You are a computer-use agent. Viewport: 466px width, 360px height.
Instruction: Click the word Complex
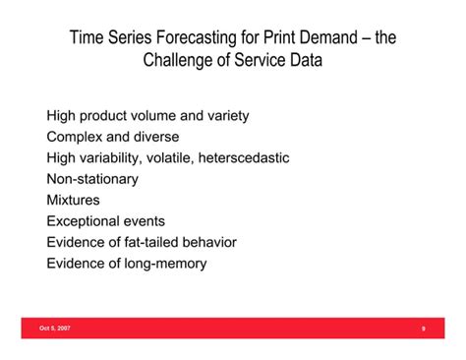(77, 137)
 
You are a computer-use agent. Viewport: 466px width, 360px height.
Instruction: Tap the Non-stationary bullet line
(92, 179)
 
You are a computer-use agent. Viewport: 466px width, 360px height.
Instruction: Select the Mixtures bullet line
(73, 200)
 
